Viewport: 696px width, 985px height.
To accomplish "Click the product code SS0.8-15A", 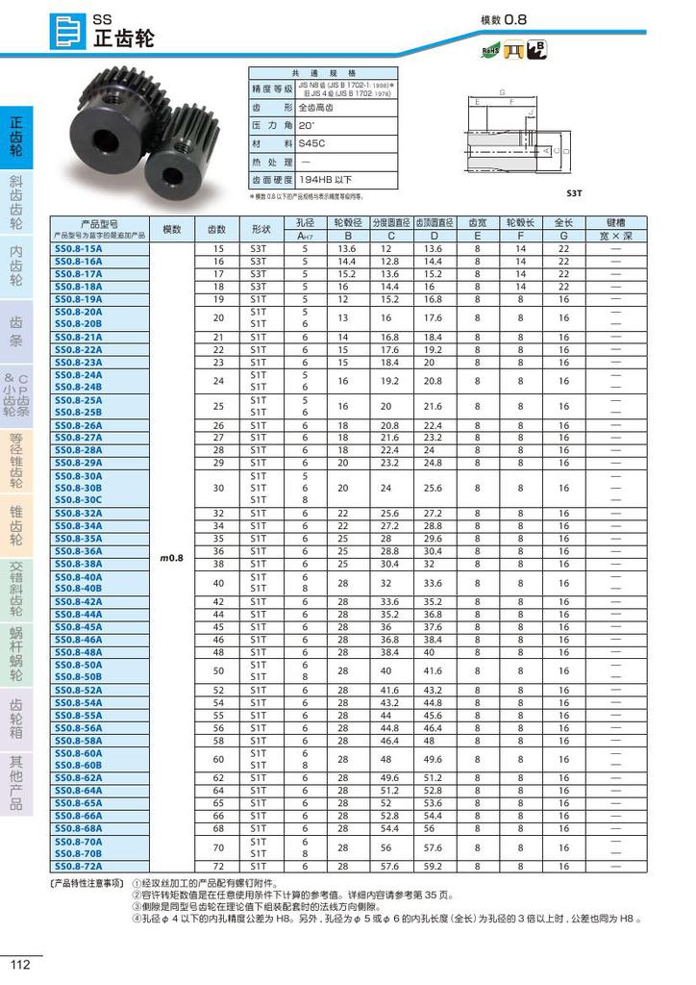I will coord(79,248).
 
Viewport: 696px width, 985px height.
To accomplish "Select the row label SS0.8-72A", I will coord(79,866).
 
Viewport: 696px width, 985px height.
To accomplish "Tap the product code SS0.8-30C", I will coord(79,500).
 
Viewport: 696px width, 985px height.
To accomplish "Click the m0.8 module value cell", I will coord(171,558).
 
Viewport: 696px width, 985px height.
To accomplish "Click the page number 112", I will coord(21,965).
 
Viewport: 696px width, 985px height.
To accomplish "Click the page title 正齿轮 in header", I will coord(124,39).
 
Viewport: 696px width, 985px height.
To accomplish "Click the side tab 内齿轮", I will coord(16,265).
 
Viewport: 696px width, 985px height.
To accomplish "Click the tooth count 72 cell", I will coord(217,866).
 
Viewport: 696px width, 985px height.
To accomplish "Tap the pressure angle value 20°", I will coord(307,125).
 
